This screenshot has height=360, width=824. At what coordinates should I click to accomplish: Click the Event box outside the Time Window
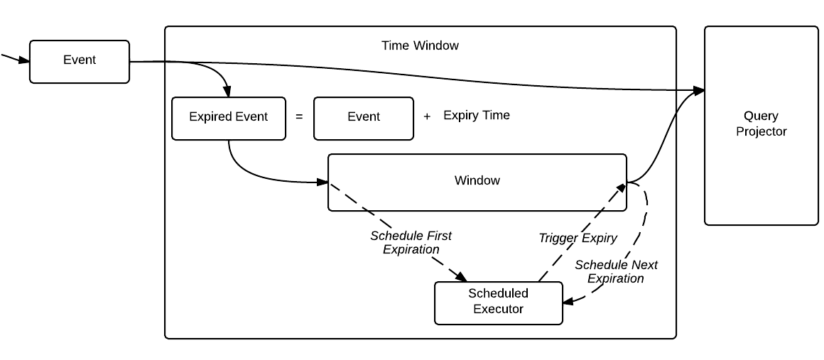79,62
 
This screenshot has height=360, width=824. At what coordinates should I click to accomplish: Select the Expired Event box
228,118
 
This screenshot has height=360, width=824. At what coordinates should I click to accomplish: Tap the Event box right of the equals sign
363,118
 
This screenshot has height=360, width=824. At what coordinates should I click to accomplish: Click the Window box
477,182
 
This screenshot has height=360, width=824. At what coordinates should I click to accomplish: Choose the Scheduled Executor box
498,302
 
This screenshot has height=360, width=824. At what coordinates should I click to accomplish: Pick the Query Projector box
761,125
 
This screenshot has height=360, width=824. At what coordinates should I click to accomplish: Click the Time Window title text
420,45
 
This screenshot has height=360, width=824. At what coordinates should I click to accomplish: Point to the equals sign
299,117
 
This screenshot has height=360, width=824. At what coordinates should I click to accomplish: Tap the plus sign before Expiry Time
427,117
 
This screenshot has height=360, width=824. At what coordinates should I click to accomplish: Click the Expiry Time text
476,115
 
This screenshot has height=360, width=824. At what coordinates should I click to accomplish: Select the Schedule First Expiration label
411,242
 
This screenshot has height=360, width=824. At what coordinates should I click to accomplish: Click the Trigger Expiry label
578,238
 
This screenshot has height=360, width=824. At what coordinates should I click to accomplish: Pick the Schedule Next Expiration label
616,271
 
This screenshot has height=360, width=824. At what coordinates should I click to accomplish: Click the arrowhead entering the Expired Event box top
228,92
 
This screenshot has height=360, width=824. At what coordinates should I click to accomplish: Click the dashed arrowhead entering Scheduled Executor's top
464,277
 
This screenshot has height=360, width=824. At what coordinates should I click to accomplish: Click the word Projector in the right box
761,131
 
